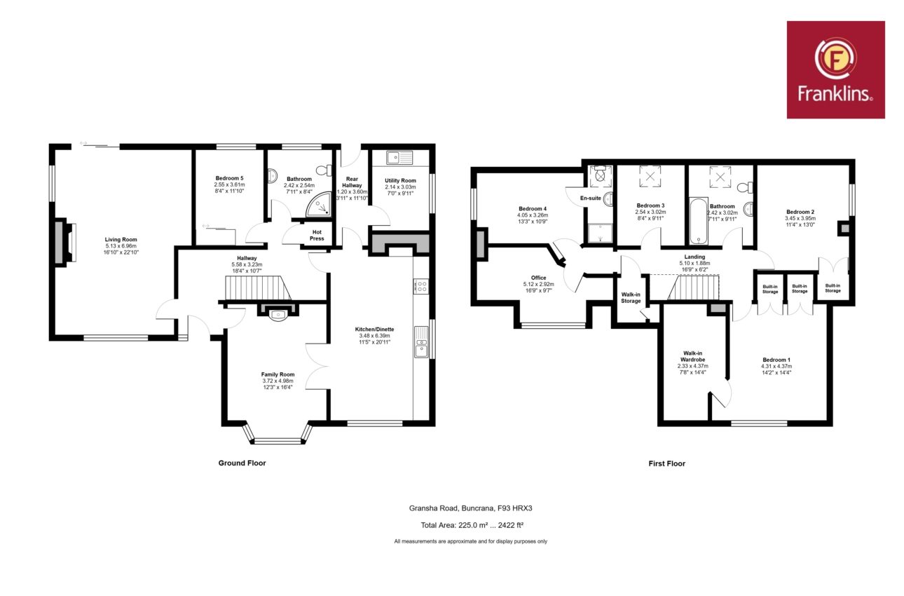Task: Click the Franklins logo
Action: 836,70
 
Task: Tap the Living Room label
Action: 121,239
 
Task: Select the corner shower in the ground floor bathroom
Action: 320,204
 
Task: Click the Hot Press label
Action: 317,235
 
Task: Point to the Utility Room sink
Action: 399,158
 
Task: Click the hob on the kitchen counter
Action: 421,286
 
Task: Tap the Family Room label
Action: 278,374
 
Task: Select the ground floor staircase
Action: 257,287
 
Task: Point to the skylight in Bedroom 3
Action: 650,176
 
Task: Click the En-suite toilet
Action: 601,175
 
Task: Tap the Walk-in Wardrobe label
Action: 692,356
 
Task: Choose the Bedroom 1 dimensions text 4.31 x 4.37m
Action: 776,366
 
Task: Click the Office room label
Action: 538,278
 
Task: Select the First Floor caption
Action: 666,463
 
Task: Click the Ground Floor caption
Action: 242,463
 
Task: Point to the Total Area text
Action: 472,525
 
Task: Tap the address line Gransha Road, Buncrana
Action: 470,508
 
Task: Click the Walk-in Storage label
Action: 631,297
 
